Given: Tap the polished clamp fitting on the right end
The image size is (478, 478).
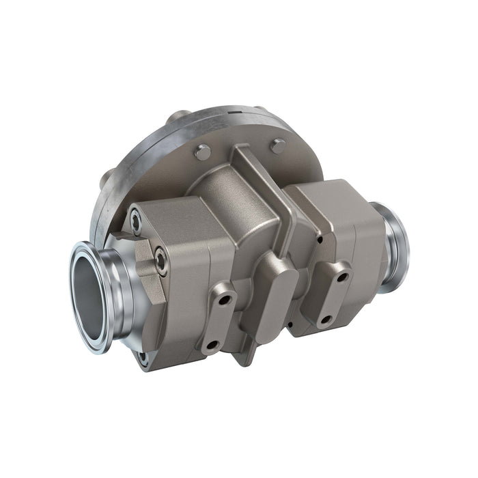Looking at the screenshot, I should tap(395, 246).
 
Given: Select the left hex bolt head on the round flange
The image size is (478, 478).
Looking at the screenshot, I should tap(202, 153).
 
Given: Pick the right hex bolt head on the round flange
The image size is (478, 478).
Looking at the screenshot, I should tap(278, 146).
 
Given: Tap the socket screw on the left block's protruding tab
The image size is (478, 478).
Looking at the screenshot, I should tap(161, 260).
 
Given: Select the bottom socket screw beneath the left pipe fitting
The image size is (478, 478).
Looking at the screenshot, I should tap(143, 356).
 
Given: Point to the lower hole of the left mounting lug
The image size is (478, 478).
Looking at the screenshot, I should tap(212, 346).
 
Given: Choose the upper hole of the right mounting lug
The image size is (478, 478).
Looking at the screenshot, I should tap(343, 277).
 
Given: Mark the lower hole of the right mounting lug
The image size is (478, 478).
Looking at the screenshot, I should tap(326, 319).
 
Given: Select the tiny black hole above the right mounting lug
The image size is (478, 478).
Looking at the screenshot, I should tap(320, 239).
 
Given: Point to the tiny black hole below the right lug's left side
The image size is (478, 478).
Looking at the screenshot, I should tap(290, 324).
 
